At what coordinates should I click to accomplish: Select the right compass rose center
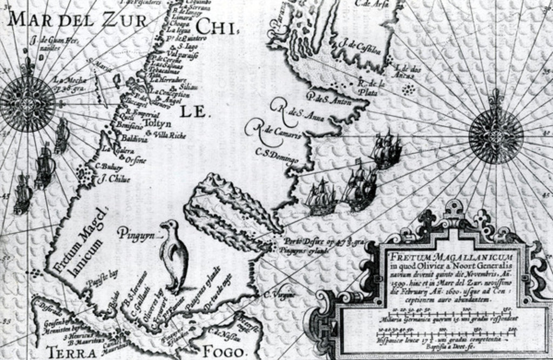pos(495,133)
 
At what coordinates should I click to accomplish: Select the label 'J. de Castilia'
pos(360,47)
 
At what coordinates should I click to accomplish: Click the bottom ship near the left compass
pos(22,193)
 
